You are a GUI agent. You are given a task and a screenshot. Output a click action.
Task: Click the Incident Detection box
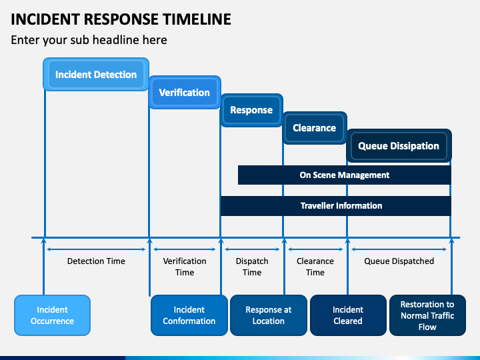tap(96, 75)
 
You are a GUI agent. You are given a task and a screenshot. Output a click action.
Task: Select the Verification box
tap(185, 92)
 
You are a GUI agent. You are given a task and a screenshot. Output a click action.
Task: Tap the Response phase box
tap(251, 110)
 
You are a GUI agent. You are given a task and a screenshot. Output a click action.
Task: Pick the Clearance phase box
tap(315, 127)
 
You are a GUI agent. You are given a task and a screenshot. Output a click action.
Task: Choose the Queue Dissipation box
tap(399, 146)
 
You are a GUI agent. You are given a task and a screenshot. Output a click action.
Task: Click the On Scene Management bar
tap(345, 175)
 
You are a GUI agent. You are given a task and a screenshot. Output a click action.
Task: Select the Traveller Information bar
tap(336, 206)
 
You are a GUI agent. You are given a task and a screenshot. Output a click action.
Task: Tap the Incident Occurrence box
tap(53, 315)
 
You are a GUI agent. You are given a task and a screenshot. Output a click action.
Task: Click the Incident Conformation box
tap(189, 315)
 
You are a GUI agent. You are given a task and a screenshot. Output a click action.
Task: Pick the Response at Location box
tap(269, 315)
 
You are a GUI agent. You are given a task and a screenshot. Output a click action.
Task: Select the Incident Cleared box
tap(348, 315)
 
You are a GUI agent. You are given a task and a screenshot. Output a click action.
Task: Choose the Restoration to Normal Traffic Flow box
tap(427, 315)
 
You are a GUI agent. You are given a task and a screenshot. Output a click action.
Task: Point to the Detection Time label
tap(96, 261)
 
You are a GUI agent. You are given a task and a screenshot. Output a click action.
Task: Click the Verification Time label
tap(185, 267)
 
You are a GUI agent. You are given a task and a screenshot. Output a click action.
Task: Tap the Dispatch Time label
tap(252, 267)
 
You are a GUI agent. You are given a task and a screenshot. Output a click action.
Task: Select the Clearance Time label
tap(315, 267)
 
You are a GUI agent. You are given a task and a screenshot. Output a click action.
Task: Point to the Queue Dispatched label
tap(399, 261)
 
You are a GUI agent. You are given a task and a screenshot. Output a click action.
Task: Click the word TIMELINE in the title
tap(197, 19)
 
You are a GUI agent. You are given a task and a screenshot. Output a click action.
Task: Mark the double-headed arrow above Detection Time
tap(96, 249)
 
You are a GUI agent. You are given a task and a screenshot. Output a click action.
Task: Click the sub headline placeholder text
tap(89, 40)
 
